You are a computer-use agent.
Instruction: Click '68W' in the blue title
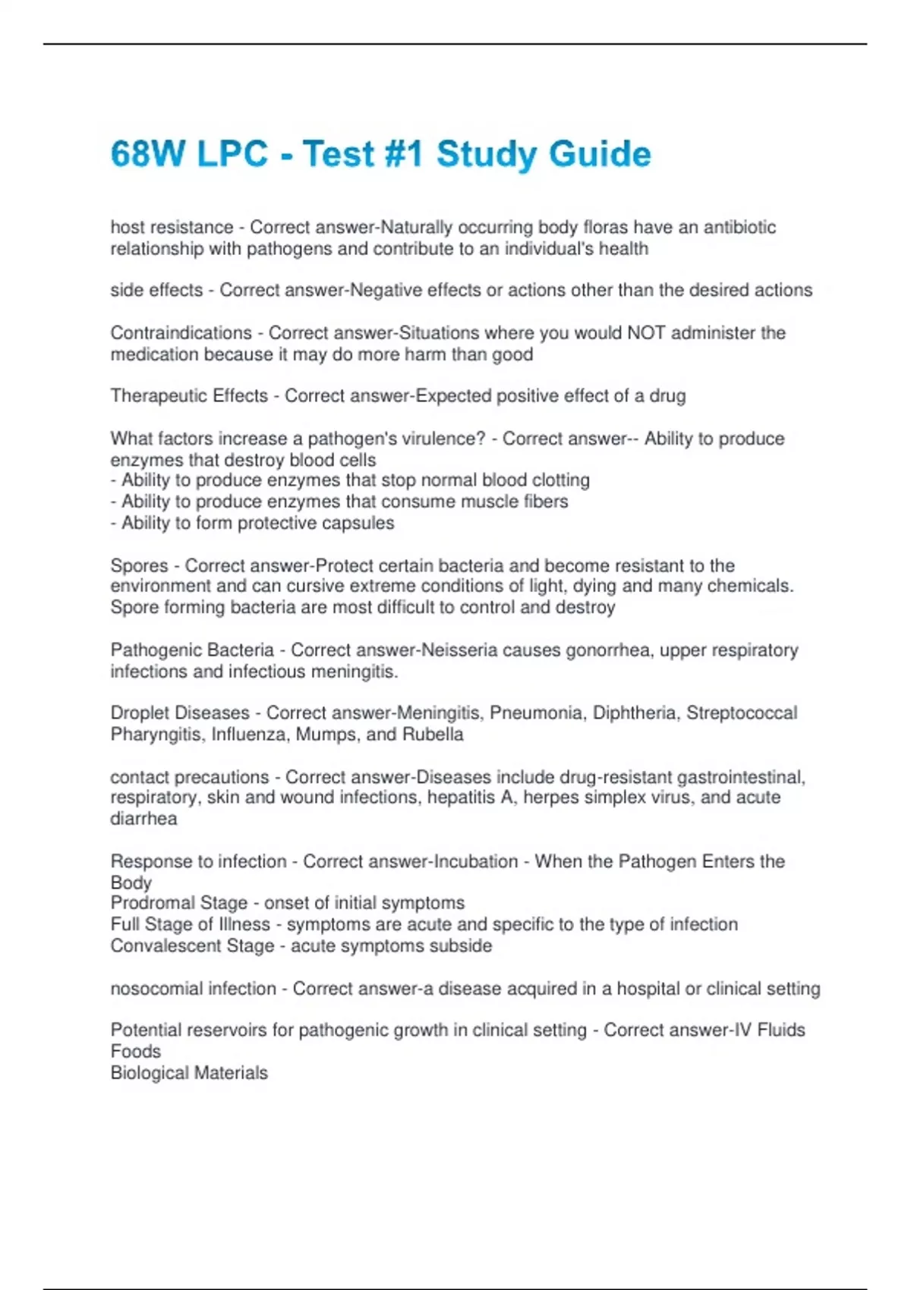[x=148, y=154]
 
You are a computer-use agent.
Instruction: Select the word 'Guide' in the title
[x=600, y=154]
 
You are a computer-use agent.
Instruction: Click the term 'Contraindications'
[x=181, y=333]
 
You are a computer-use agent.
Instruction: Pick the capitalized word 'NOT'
[x=646, y=333]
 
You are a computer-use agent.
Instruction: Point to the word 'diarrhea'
[x=143, y=819]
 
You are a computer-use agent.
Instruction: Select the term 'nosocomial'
[x=156, y=989]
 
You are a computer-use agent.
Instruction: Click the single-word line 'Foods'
[x=136, y=1052]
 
